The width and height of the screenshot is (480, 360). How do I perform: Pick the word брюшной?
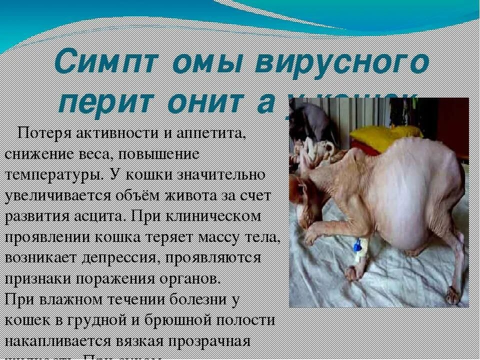point(192,320)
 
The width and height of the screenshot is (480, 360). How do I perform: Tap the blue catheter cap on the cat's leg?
point(357,245)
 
